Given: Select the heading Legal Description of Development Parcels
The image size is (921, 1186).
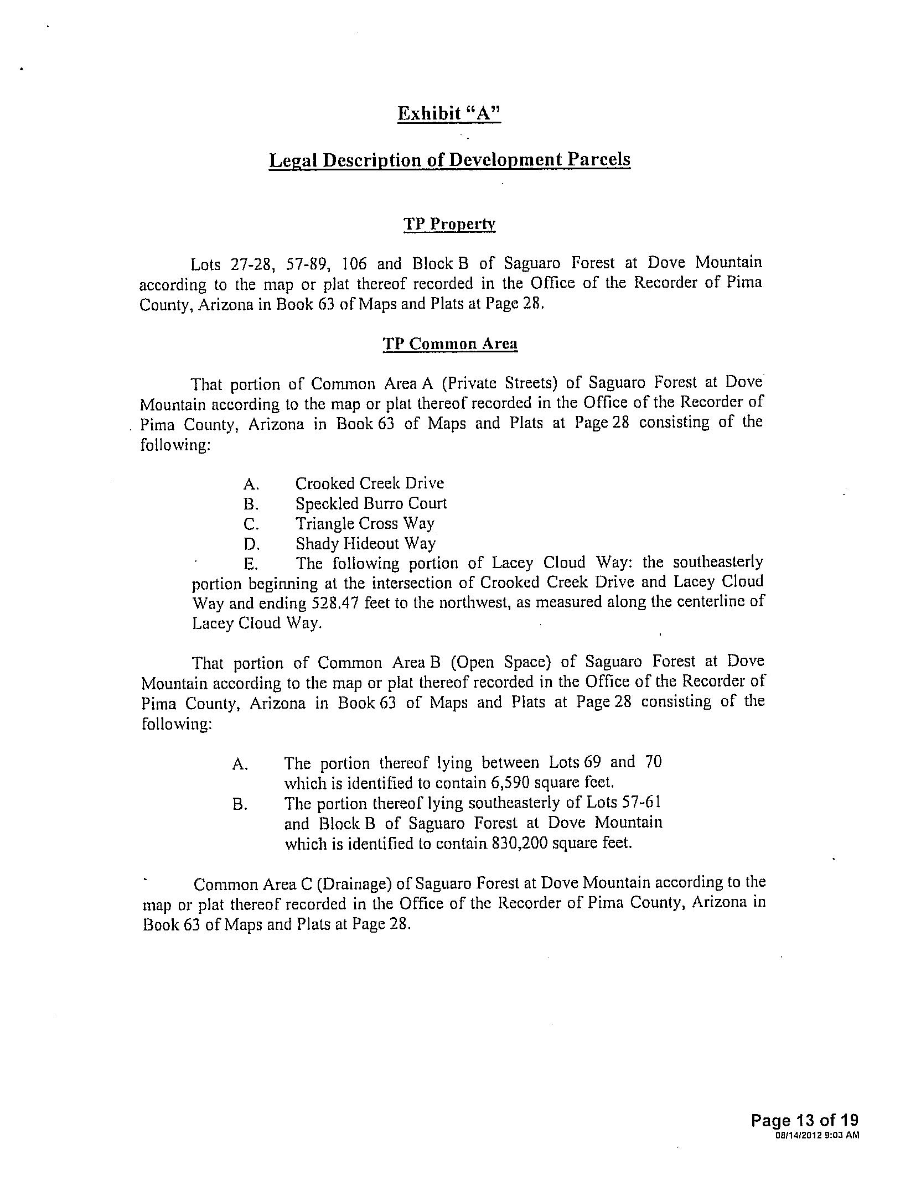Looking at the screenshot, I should [449, 160].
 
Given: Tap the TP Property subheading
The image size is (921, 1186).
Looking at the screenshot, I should [449, 224].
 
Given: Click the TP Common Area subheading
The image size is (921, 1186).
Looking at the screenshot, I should [449, 344].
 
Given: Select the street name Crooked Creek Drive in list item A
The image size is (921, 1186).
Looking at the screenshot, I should [369, 483].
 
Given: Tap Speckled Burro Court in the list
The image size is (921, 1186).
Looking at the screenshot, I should [370, 503].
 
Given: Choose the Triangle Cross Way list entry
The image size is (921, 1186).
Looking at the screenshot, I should [365, 523].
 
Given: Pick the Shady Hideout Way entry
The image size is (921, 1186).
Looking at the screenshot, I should [365, 544].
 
